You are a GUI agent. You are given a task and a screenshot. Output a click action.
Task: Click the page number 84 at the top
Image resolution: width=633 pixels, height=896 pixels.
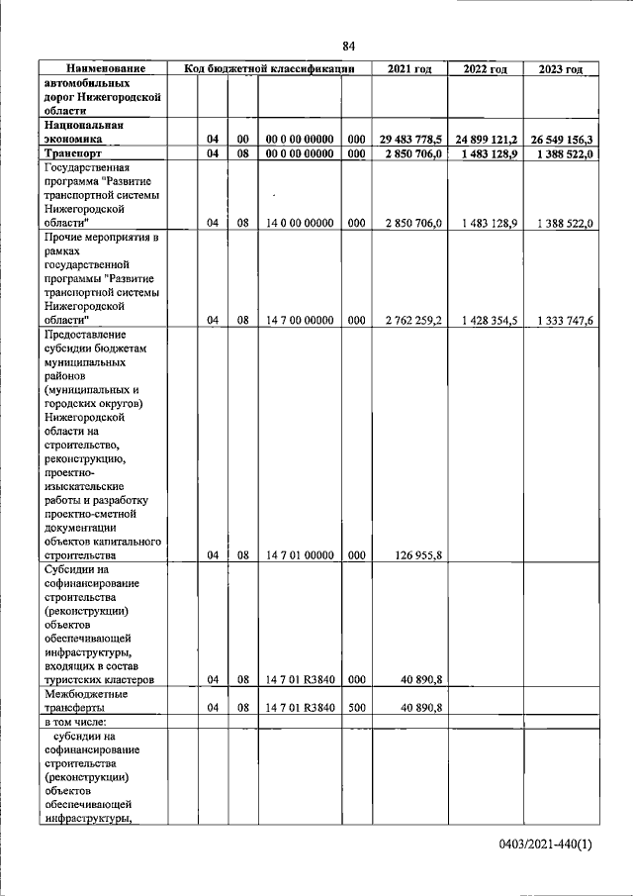click(348, 47)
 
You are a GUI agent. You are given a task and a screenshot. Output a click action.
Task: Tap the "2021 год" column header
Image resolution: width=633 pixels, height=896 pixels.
click(409, 68)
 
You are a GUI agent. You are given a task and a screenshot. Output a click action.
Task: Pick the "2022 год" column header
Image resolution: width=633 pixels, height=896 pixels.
click(486, 68)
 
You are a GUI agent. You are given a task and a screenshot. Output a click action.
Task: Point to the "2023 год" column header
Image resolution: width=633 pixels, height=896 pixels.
click(561, 68)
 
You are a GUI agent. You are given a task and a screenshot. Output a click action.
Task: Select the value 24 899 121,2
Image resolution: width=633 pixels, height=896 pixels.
click(487, 140)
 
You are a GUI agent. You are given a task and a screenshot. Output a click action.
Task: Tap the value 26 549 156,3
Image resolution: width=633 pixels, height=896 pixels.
click(562, 140)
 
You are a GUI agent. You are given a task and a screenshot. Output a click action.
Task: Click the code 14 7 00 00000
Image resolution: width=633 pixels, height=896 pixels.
click(299, 320)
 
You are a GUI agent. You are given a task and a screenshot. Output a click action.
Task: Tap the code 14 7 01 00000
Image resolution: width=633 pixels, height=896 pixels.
click(299, 555)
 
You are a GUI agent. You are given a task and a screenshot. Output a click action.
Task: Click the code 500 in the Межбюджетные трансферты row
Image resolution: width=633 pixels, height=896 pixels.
click(357, 708)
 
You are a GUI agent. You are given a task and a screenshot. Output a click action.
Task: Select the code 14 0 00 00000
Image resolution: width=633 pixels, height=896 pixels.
click(299, 223)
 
